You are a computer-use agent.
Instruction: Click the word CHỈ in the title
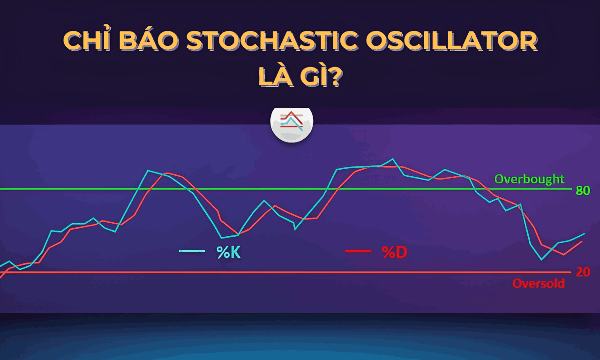point(86,42)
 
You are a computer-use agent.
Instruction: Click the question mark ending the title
point(334,77)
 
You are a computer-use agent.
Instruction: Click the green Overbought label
point(530,179)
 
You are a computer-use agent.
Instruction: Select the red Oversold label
point(538,284)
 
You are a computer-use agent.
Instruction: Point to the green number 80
point(583,191)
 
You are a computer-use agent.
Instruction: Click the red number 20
point(583,272)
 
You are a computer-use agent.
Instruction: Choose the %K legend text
point(228,252)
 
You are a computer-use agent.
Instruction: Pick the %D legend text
point(394,252)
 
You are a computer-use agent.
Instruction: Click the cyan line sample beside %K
point(192,251)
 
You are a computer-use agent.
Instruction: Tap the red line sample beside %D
point(358,251)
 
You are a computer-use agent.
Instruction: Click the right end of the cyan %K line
point(585,233)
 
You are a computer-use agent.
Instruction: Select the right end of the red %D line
point(582,241)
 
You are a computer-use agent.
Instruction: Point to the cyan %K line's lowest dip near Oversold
point(541,259)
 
